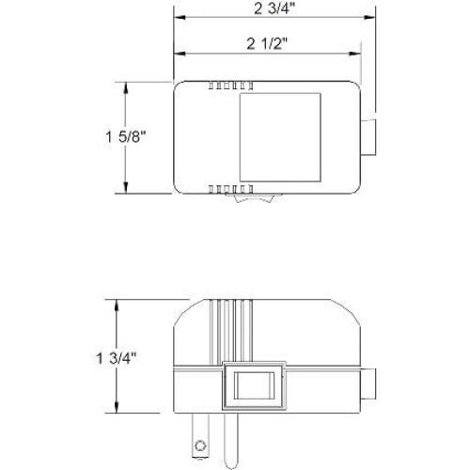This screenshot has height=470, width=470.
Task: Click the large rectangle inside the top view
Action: [281, 137]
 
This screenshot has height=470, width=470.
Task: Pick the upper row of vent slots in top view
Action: [220, 86]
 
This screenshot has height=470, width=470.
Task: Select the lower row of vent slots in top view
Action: [220, 189]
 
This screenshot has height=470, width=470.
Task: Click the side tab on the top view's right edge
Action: [370, 137]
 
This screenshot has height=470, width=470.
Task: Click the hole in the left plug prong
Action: [199, 442]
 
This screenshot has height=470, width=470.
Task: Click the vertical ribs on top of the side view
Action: [230, 329]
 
